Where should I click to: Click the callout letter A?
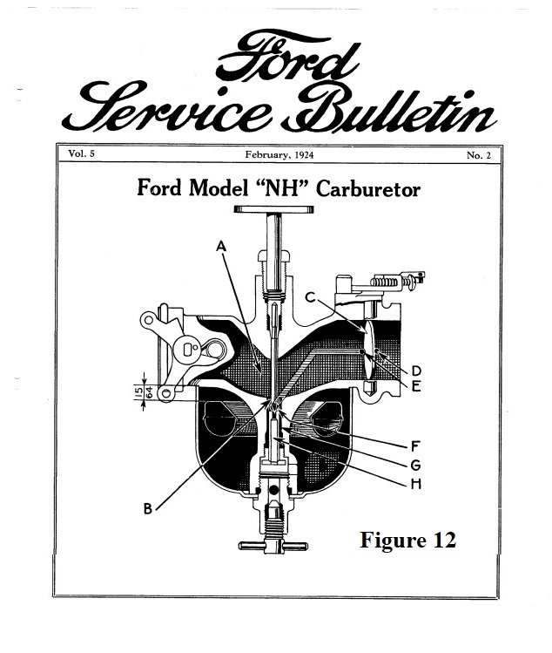pyautogui.click(x=221, y=247)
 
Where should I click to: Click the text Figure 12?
pyautogui.click(x=407, y=541)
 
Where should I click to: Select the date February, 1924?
pyautogui.click(x=275, y=153)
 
